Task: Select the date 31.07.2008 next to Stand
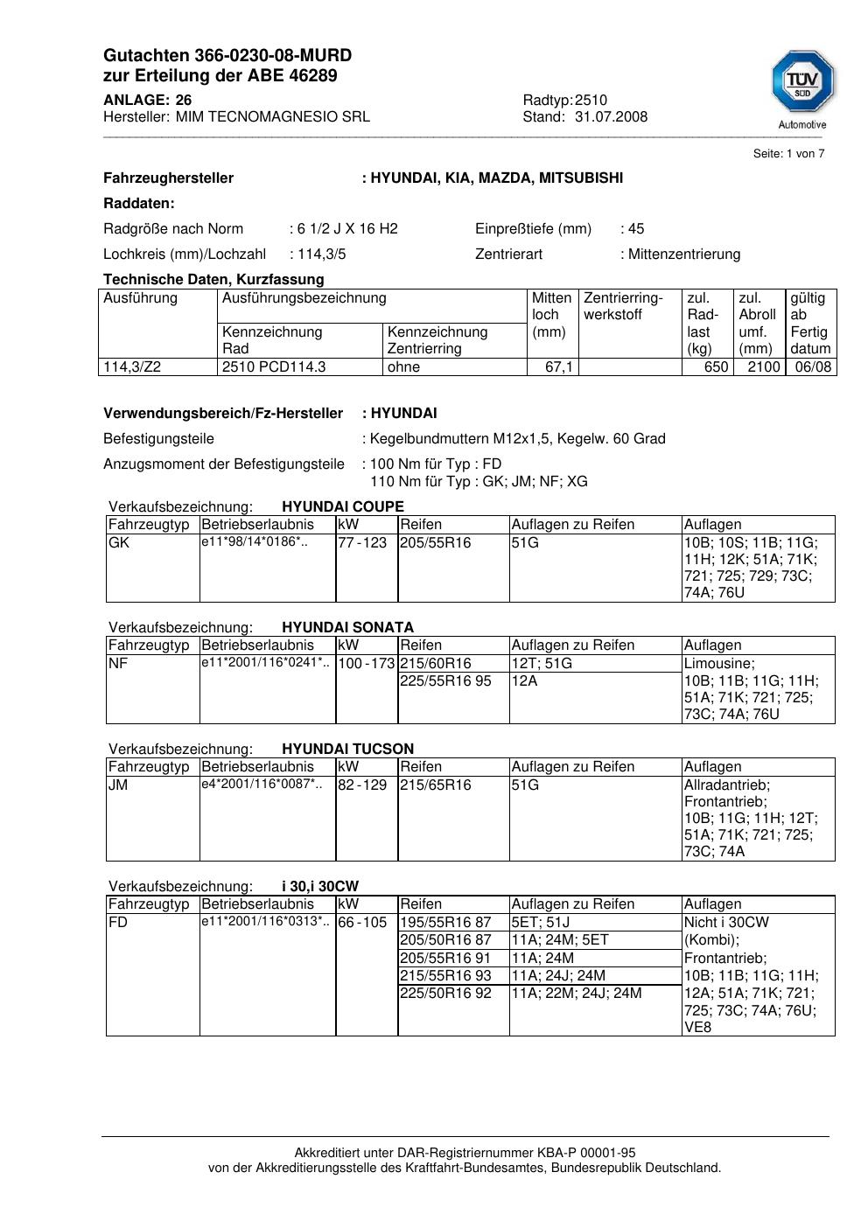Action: point(611,116)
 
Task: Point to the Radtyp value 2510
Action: point(591,100)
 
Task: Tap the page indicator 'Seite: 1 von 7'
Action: point(788,154)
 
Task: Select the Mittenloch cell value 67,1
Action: point(558,367)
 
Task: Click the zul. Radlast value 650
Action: point(716,367)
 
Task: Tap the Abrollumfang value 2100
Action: point(763,367)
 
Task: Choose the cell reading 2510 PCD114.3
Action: point(274,367)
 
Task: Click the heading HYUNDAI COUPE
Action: point(343,506)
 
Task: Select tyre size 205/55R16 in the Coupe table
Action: point(435,543)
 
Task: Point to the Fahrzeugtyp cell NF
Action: point(118,664)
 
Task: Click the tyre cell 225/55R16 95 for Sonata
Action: point(445,681)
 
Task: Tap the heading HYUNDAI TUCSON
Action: point(347,749)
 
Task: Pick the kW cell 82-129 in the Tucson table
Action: point(362,785)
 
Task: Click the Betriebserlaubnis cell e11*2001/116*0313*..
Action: point(266,921)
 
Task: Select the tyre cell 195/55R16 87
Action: point(445,923)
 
